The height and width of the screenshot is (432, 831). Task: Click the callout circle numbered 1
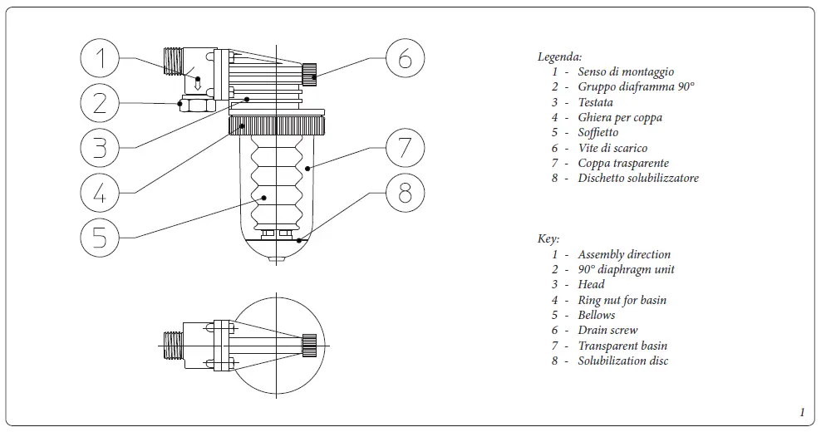click(x=100, y=58)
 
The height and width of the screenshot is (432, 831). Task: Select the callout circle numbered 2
click(x=100, y=103)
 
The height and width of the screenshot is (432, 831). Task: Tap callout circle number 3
click(x=100, y=148)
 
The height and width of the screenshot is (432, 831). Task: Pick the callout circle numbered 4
click(x=100, y=193)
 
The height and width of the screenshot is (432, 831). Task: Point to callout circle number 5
click(x=100, y=238)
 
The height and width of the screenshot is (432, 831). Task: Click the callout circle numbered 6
click(x=405, y=58)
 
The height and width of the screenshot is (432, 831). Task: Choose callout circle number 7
click(x=405, y=148)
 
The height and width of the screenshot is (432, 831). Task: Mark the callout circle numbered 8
click(x=405, y=193)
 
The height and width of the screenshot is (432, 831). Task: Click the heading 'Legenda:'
click(x=559, y=57)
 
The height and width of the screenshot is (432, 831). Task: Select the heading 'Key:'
click(x=548, y=239)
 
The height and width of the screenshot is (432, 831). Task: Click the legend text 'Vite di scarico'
click(x=612, y=148)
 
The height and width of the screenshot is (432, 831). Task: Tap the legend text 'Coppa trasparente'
click(x=623, y=163)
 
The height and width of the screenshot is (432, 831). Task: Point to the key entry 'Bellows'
click(x=597, y=315)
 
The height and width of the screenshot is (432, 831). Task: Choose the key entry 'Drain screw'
click(x=607, y=331)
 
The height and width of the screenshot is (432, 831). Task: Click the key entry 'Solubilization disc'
click(x=623, y=361)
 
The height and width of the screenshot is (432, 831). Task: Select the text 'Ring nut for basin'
click(x=622, y=300)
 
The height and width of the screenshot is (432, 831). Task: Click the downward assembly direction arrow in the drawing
click(x=198, y=82)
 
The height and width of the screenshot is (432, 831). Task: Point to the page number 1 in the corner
click(x=802, y=413)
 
